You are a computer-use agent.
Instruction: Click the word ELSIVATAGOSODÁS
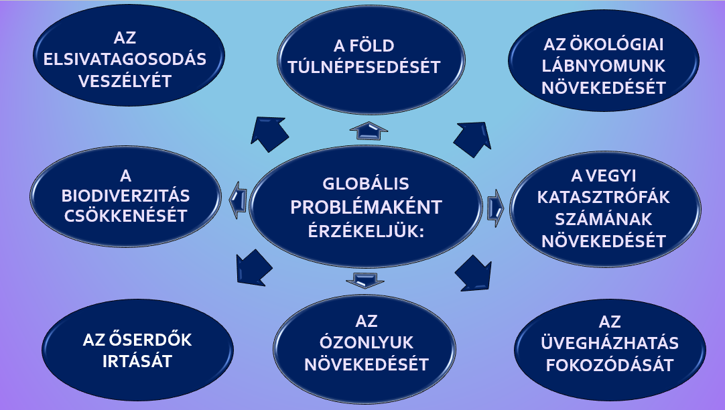[125, 59]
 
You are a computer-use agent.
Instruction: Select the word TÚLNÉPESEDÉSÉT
[365, 67]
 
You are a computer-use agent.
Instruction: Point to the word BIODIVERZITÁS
[126, 196]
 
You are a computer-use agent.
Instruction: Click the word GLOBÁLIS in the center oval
[366, 184]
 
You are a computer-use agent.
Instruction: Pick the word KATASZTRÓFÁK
[604, 198]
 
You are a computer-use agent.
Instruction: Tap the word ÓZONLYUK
[367, 342]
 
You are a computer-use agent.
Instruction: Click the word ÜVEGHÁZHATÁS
[609, 343]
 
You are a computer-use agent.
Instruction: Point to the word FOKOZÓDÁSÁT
[609, 365]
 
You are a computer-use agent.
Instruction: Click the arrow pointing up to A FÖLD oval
[369, 131]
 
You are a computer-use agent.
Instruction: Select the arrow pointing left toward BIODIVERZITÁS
[238, 200]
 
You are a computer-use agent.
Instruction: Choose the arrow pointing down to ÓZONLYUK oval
[365, 280]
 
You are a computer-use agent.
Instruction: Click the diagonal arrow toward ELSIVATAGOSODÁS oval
[269, 133]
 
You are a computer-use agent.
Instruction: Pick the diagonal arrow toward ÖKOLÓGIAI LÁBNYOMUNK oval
[472, 139]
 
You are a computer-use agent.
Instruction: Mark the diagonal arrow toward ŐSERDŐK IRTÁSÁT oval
[253, 268]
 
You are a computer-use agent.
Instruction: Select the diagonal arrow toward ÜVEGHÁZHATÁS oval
[473, 273]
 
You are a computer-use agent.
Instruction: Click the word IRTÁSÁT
[137, 362]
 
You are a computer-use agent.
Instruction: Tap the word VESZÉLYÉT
[125, 81]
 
